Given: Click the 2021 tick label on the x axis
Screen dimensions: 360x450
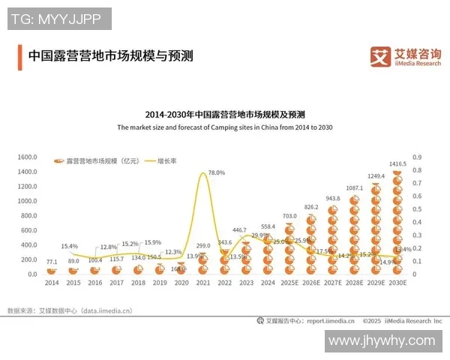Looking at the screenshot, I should [x=202, y=283].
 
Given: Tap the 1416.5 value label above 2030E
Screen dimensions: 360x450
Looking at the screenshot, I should [x=398, y=163].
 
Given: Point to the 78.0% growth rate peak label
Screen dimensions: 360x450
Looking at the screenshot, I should [x=216, y=173].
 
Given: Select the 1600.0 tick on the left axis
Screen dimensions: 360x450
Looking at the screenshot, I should [x=27, y=157].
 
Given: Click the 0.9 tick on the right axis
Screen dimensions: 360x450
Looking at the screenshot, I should [x=417, y=157].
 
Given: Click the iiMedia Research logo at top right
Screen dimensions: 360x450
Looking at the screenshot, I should [x=406, y=55].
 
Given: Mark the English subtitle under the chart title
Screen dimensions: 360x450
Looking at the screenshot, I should [x=224, y=128].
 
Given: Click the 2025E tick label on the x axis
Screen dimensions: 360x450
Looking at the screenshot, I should [x=289, y=283].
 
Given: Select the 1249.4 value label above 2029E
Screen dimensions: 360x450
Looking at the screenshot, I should [x=376, y=176].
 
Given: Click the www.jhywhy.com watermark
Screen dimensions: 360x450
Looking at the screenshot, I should [x=382, y=340].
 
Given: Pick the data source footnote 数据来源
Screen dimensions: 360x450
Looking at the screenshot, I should [x=70, y=310].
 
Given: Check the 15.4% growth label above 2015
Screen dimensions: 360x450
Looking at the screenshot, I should [x=70, y=246].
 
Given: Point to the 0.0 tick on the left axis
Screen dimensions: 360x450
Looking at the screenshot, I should [x=31, y=274].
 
